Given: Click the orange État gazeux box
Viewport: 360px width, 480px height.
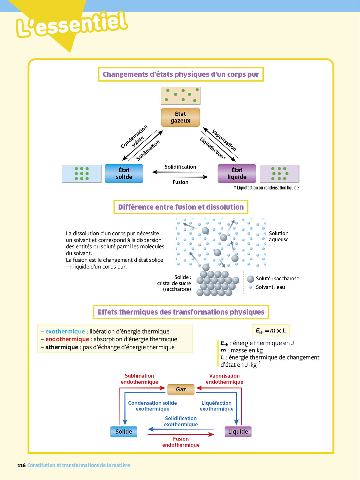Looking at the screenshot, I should tap(180, 117).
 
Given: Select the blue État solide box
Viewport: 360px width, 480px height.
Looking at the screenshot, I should tap(124, 173).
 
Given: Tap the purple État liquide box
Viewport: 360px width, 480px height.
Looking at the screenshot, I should tap(237, 173).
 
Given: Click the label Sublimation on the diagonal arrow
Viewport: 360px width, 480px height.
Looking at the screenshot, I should tap(148, 150).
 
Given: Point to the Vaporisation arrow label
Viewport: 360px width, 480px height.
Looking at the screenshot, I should tap(224, 140).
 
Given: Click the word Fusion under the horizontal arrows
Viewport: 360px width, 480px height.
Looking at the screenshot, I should tap(180, 182).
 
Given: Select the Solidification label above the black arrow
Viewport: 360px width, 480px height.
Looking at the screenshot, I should tap(180, 167).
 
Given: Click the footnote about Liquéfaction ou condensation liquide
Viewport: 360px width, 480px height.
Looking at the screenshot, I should tap(266, 188).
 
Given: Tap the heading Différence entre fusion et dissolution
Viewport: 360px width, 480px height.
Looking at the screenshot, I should tap(181, 207).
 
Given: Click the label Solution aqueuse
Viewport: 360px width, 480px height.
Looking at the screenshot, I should tap(279, 236).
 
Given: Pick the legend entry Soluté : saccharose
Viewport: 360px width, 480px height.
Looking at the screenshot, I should tap(277, 279).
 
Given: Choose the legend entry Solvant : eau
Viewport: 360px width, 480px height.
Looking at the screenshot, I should tap(270, 287).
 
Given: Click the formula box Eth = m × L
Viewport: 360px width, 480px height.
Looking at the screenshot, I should tap(271, 331).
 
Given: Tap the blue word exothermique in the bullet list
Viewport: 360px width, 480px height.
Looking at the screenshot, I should tap(65, 332).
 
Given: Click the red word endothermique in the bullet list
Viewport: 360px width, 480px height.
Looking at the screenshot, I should tap(67, 339).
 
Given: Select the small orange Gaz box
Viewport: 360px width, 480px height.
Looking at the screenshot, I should tap(181, 389).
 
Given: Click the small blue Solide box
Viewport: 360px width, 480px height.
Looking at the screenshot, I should tap(124, 432).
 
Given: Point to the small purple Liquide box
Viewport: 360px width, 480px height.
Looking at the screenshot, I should tap(238, 432).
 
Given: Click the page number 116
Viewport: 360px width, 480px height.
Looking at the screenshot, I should tap(21, 466).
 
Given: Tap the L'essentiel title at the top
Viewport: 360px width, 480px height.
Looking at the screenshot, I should tap(72, 24).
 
